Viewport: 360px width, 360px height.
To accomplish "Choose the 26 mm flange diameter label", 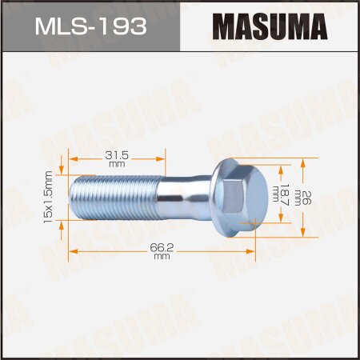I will pyautogui.click(x=310, y=196).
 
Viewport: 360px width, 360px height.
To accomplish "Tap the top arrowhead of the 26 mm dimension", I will pyautogui.click(x=303, y=159).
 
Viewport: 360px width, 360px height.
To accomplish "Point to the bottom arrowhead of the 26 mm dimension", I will pyautogui.click(x=303, y=235).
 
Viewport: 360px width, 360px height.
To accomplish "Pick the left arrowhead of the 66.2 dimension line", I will pyautogui.click(x=72, y=251).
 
